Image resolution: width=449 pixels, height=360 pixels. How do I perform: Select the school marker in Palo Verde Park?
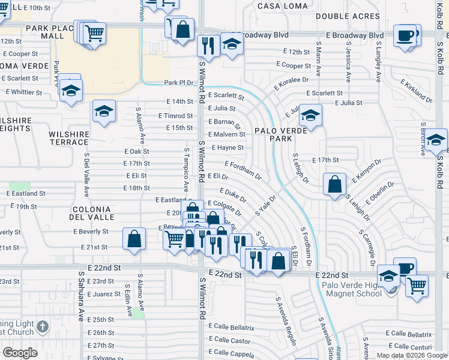(311, 115)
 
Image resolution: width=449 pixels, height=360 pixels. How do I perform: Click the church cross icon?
(42, 327)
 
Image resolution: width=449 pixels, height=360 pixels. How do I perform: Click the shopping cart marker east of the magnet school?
(417, 284)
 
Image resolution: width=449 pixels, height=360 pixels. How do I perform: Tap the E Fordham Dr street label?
(243, 170)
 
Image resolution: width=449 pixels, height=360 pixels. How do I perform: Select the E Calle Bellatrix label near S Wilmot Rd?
(232, 328)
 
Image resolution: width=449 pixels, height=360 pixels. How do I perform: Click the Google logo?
(20, 353)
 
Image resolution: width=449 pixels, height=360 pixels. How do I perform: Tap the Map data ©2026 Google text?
(411, 355)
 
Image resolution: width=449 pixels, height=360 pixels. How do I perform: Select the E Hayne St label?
(228, 147)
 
